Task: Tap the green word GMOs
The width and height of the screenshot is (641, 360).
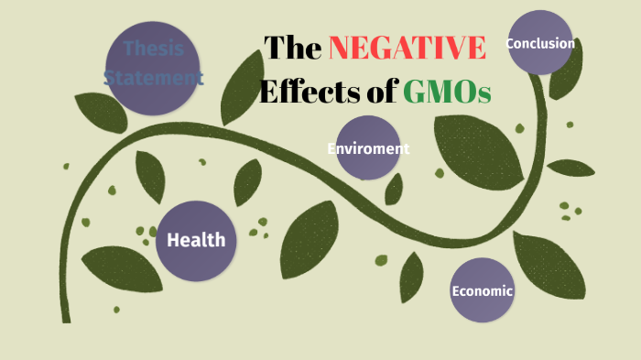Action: [x=447, y=91]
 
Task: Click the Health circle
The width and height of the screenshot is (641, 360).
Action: [x=196, y=241]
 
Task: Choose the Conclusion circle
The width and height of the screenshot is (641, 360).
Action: [x=540, y=43]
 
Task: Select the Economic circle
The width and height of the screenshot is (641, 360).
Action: [x=483, y=291]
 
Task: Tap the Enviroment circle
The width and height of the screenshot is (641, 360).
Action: [x=368, y=148]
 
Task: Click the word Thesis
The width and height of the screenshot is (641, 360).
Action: [x=154, y=49]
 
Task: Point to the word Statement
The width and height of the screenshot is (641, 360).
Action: [x=154, y=78]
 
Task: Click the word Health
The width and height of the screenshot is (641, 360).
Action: [x=196, y=241]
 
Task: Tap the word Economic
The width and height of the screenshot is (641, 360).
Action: [x=483, y=291]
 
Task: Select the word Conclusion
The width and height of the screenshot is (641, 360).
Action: [x=540, y=43]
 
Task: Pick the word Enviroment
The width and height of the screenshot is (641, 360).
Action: [x=368, y=148]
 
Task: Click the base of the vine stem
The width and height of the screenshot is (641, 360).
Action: [x=66, y=316]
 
